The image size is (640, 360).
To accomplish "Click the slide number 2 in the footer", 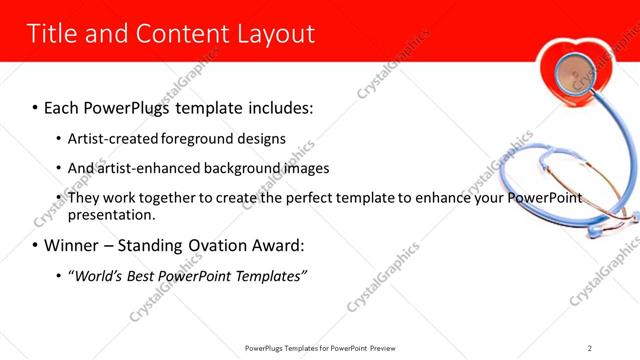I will [x=590, y=347].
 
